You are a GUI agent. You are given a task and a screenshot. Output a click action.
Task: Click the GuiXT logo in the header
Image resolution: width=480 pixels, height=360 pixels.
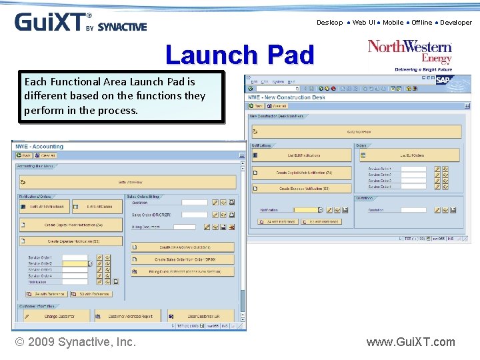pyautogui.click(x=80, y=22)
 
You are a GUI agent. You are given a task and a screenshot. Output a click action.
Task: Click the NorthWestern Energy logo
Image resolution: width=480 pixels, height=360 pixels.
pyautogui.click(x=410, y=55)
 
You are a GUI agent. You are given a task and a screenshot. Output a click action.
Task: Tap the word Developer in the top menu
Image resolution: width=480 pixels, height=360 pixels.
pyautogui.click(x=455, y=23)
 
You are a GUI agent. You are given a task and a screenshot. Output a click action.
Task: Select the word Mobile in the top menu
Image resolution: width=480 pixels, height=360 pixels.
pyautogui.click(x=393, y=23)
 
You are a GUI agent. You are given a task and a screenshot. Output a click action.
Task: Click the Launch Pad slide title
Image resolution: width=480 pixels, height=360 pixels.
pyautogui.click(x=239, y=55)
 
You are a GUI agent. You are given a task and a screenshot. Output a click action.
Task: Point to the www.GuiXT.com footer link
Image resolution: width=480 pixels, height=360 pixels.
pyautogui.click(x=410, y=342)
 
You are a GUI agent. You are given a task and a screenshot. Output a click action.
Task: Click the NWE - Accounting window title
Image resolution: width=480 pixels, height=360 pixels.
pyautogui.click(x=40, y=147)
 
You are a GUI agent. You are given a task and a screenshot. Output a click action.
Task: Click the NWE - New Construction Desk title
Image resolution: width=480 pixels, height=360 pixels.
pyautogui.click(x=287, y=97)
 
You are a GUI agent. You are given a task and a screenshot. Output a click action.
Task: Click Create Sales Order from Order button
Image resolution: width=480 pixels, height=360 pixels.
pyautogui.click(x=183, y=259)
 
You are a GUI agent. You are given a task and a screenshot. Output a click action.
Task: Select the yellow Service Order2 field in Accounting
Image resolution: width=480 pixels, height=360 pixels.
pyautogui.click(x=75, y=263)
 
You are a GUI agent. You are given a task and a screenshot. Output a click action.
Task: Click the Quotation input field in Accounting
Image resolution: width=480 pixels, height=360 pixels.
pyautogui.click(x=195, y=203)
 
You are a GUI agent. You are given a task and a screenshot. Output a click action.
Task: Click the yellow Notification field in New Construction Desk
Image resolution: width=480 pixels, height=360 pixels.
pyautogui.click(x=307, y=209)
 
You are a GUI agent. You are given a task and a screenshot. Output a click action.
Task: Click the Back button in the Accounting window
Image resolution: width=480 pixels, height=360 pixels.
pyautogui.click(x=24, y=155)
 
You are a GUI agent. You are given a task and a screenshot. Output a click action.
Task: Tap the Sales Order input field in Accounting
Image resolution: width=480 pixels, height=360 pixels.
pyautogui.click(x=195, y=215)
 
